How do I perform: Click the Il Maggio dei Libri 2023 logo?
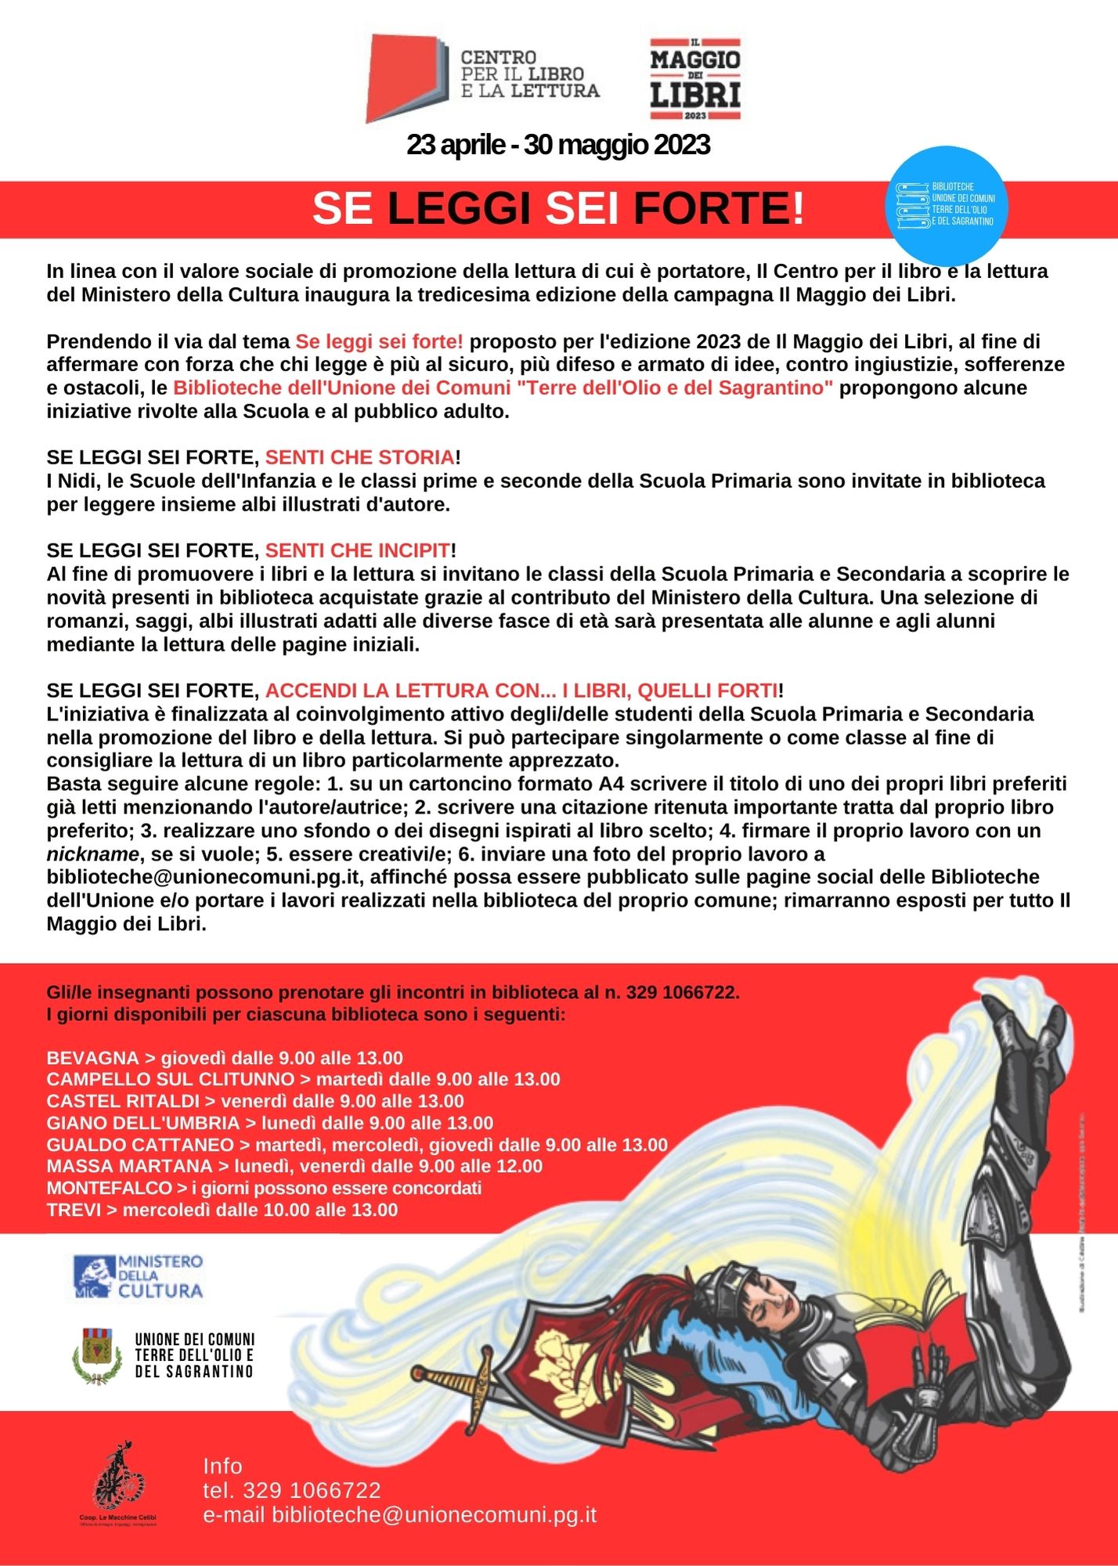(x=695, y=78)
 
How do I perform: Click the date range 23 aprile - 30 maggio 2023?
(x=558, y=145)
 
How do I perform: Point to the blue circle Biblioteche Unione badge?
(x=950, y=205)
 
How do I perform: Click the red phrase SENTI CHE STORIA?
(x=359, y=457)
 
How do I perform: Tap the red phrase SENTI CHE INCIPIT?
(x=358, y=550)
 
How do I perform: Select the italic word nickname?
(x=92, y=853)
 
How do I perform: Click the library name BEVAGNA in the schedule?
(x=92, y=1058)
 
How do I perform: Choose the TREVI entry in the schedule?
(x=74, y=1210)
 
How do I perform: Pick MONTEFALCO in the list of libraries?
(x=109, y=1188)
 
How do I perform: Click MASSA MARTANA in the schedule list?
(x=129, y=1166)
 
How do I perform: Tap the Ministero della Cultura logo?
(x=139, y=1276)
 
